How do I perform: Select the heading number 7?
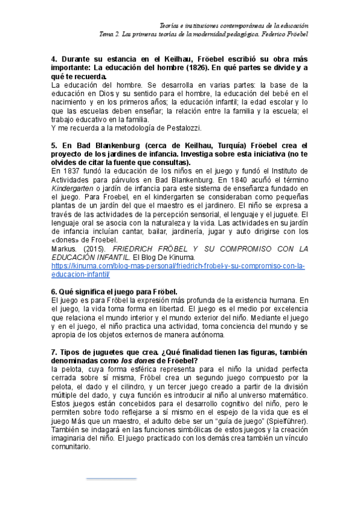click(54, 351)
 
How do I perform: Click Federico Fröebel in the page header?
click(283, 34)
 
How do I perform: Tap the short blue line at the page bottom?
click(111, 479)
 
